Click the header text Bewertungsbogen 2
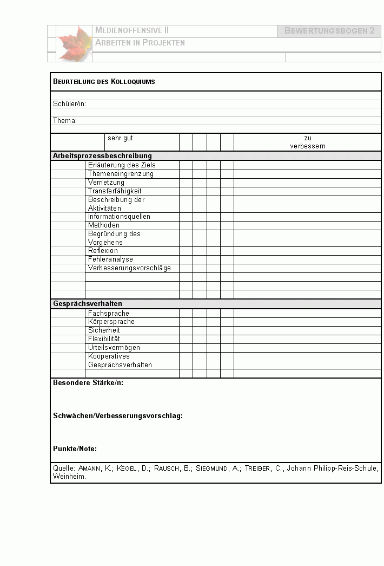click(x=329, y=31)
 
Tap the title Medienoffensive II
click(x=132, y=30)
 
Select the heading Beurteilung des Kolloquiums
click(x=104, y=82)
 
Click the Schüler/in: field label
click(x=69, y=103)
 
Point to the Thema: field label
click(x=65, y=120)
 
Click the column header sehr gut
click(x=120, y=138)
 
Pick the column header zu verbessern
click(x=307, y=142)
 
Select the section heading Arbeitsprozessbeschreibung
click(x=102, y=156)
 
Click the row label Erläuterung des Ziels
click(x=122, y=165)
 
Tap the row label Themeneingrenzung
click(x=121, y=174)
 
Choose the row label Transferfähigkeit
click(x=115, y=191)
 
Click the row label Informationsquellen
click(x=119, y=217)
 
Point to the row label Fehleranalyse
click(x=110, y=259)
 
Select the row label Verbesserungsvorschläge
click(x=129, y=268)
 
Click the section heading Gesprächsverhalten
click(x=88, y=304)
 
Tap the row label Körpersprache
click(x=111, y=322)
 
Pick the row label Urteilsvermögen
click(x=114, y=347)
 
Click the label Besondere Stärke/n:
click(x=88, y=383)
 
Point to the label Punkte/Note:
click(x=75, y=448)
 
